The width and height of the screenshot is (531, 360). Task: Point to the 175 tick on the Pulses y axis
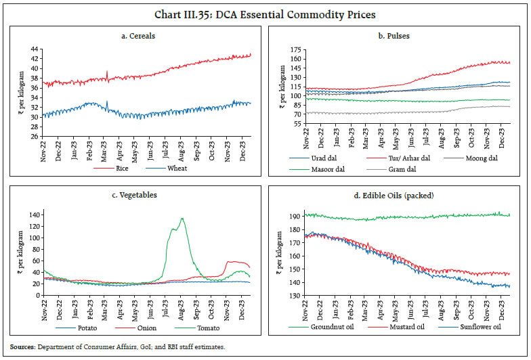pos(295,50)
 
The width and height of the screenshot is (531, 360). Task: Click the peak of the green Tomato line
pos(182,219)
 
